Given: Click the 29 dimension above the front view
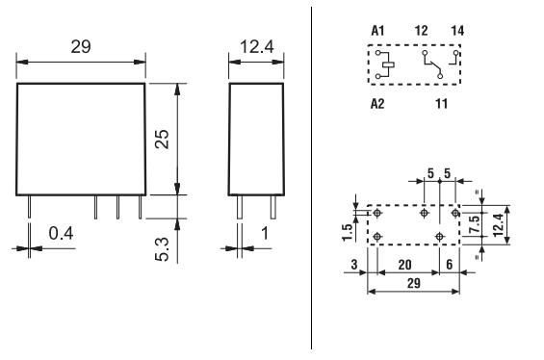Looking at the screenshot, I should coord(81,45).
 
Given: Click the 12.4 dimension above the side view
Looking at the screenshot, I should coord(257,45).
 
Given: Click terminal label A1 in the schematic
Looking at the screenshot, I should coord(378,31).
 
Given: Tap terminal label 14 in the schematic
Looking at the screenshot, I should coord(457,31).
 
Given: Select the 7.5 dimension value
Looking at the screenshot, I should coord(475,225).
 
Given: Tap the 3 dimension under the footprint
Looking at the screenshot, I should coord(354,263).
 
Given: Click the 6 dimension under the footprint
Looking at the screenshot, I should coord(448,263).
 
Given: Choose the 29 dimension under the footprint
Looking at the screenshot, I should coord(412,285).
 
